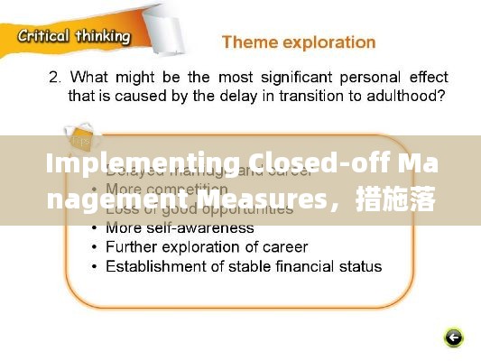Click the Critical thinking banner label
coord(74,36)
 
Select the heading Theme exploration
coord(298,42)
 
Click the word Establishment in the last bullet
coord(153,266)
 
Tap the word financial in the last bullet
coord(283,266)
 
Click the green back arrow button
coord(454,338)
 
